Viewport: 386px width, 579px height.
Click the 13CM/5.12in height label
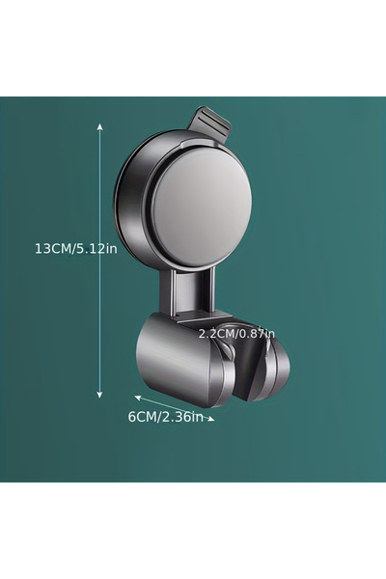point(75,248)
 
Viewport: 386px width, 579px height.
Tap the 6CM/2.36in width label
point(167,417)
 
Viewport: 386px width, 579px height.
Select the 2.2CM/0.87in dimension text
point(236,333)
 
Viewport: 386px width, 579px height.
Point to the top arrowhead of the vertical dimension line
point(99,124)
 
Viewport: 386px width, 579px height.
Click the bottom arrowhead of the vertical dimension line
point(99,396)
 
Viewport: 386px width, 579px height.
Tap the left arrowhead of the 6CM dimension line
point(136,396)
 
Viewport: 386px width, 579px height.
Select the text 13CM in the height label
point(53,248)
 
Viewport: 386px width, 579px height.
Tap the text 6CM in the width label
point(143,417)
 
